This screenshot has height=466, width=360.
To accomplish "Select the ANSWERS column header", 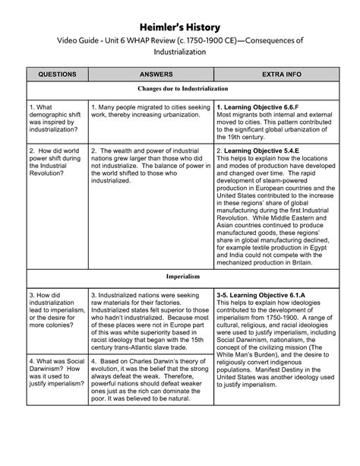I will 150,75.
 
